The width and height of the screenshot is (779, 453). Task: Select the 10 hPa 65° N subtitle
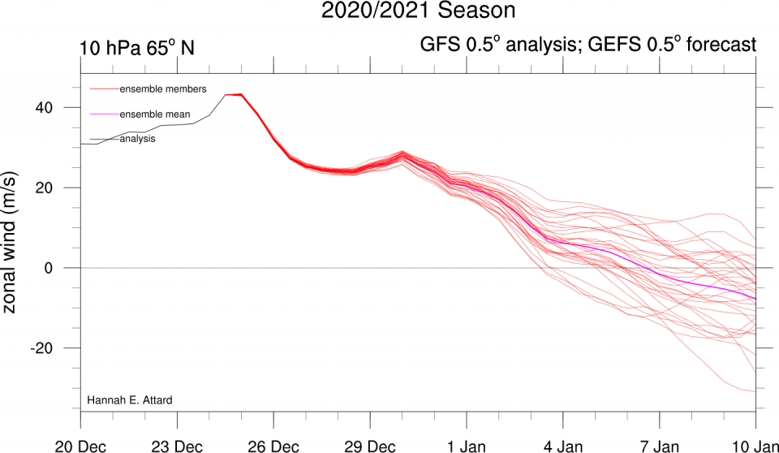click(x=137, y=47)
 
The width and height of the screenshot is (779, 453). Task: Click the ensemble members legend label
click(x=162, y=88)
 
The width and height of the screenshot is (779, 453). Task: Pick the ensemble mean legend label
click(x=155, y=114)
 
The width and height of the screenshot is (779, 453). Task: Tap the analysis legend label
click(x=138, y=139)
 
